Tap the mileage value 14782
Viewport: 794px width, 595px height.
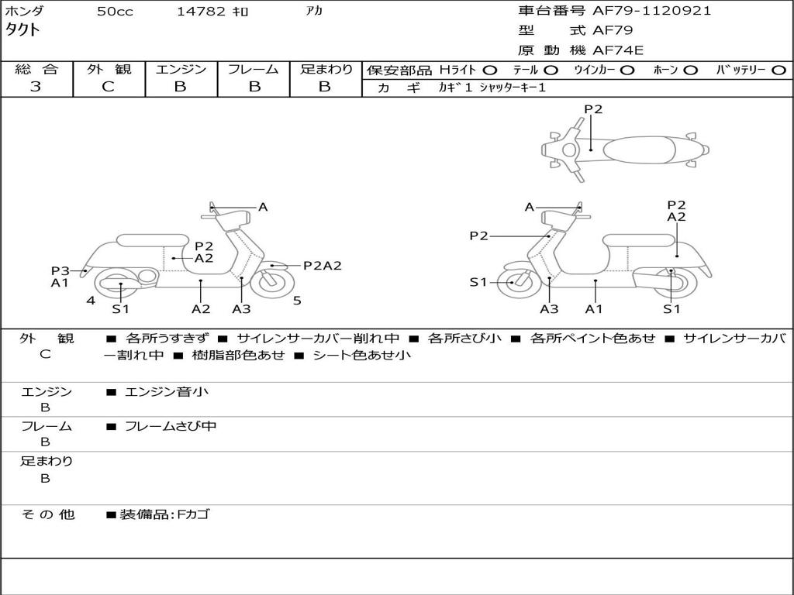(x=202, y=12)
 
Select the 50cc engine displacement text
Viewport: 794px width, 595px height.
(x=115, y=12)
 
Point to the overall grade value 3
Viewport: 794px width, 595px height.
(x=36, y=87)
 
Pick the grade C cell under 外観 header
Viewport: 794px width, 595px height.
(x=109, y=87)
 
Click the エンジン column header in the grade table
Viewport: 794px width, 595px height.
(x=181, y=69)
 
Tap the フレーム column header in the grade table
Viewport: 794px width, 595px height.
(x=253, y=69)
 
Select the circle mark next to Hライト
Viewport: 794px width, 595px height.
(x=490, y=70)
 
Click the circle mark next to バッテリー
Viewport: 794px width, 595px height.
(x=778, y=70)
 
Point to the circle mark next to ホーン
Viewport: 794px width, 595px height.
(x=690, y=70)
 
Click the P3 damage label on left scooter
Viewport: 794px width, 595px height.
(x=60, y=270)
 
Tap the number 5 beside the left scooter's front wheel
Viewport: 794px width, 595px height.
(x=297, y=301)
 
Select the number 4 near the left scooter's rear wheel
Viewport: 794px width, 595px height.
(x=91, y=301)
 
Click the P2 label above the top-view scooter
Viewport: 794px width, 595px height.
(x=593, y=109)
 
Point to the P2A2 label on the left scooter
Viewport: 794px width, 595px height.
(x=323, y=266)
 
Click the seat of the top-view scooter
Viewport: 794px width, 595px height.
(x=636, y=149)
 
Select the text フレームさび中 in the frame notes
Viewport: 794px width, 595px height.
(x=171, y=426)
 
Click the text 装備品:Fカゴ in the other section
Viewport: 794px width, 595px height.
(x=164, y=514)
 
